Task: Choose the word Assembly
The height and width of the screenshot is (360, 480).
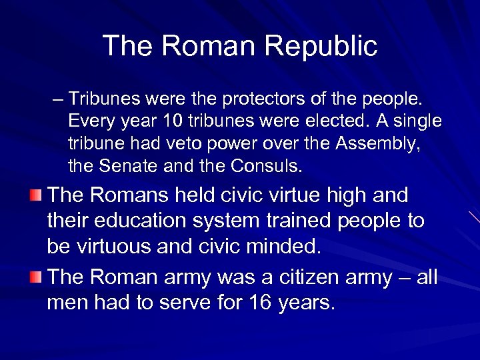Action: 379,143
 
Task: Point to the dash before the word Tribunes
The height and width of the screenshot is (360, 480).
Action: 58,100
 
